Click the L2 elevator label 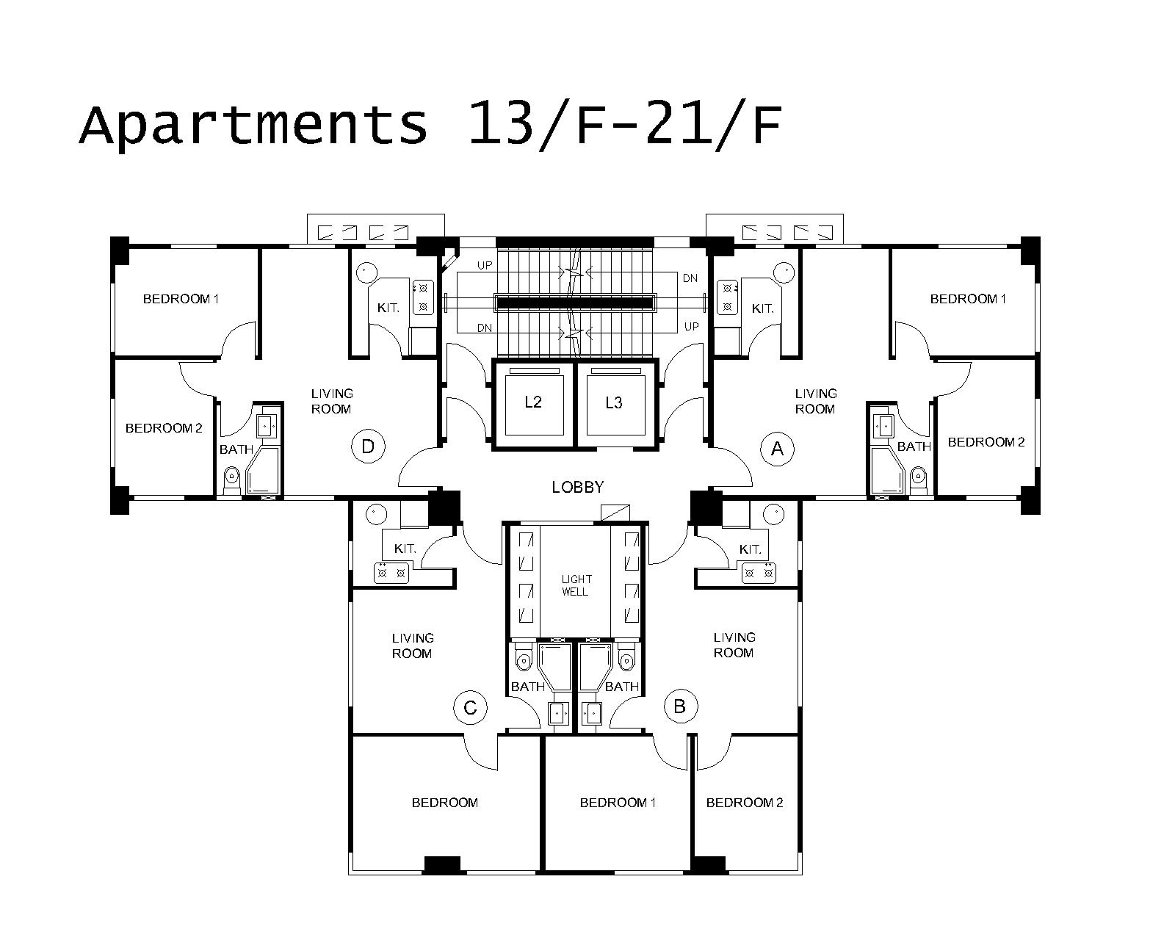[533, 402]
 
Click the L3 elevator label [614, 402]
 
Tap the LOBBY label [578, 487]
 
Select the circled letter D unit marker [368, 446]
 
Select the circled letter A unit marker [777, 449]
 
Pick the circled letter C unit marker [470, 708]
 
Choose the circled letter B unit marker [680, 706]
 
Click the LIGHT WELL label [576, 585]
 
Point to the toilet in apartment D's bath [233, 480]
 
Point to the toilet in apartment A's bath [919, 480]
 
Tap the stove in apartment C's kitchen [391, 573]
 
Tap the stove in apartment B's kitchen [759, 573]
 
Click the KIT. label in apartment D [388, 308]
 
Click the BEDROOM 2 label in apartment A [986, 442]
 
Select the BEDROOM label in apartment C [445, 803]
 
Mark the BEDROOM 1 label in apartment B [618, 803]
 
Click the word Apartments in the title [253, 125]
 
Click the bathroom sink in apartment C [558, 713]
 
